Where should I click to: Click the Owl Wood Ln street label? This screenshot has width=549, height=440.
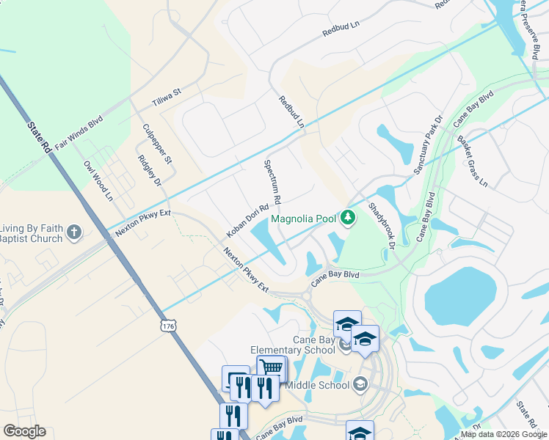click(x=98, y=181)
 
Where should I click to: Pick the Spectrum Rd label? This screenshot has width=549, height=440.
click(x=272, y=181)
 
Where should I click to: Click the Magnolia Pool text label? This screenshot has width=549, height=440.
click(x=303, y=218)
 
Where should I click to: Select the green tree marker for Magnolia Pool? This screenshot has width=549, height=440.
click(x=349, y=217)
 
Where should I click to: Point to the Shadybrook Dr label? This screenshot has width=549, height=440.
click(x=382, y=226)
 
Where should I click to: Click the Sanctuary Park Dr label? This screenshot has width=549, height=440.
click(x=429, y=145)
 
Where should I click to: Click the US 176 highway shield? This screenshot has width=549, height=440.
click(x=169, y=324)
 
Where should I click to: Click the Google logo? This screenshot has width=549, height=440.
click(x=24, y=431)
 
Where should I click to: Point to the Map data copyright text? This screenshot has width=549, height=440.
click(x=504, y=434)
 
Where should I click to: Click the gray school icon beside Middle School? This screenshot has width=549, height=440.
click(x=360, y=384)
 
